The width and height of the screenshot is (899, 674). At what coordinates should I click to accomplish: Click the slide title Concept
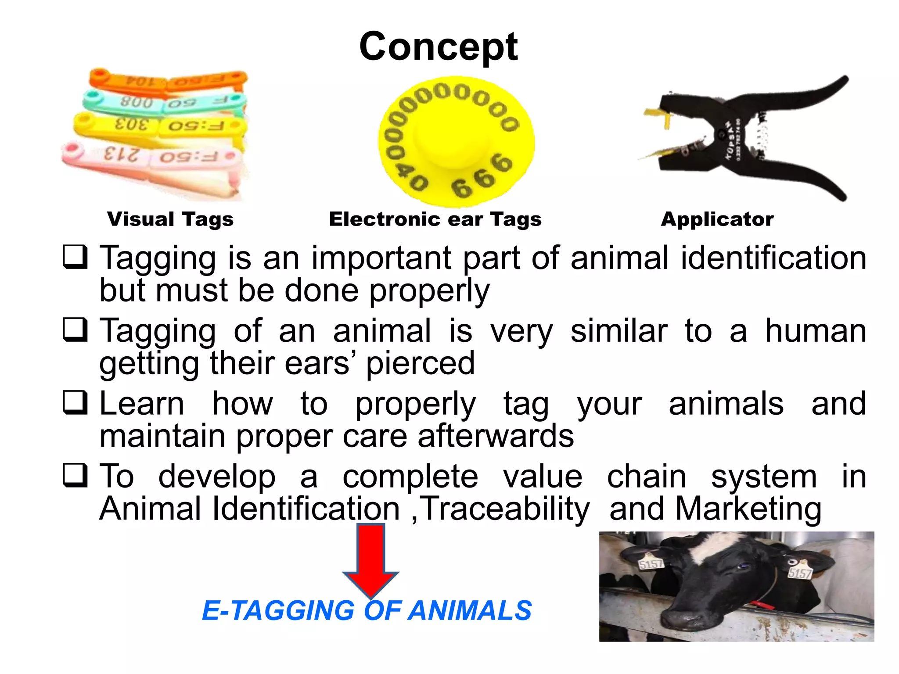point(438,47)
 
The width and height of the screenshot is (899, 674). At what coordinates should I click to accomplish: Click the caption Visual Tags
point(170,219)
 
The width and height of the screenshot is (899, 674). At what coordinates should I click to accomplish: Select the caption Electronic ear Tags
point(435,219)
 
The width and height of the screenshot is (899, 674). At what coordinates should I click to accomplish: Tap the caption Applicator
point(717,219)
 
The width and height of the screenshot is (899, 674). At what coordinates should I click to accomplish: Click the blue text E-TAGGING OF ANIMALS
point(367,610)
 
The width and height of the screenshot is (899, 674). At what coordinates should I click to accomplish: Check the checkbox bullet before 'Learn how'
point(75,403)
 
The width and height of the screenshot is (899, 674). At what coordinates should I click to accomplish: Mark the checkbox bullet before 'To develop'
point(75,476)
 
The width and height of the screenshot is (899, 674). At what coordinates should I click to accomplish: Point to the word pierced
point(420,363)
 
